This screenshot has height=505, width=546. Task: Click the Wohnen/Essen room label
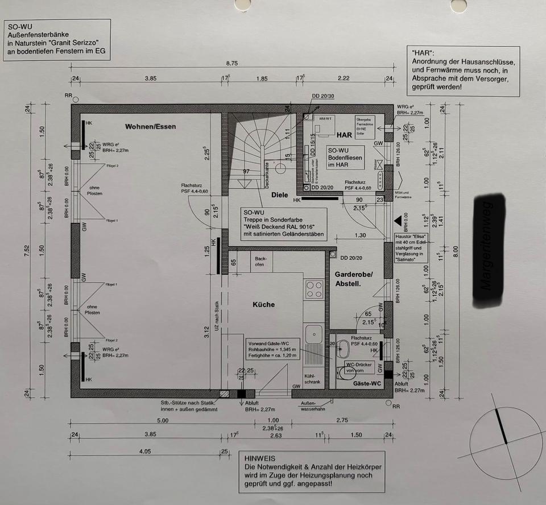pyautogui.click(x=151, y=126)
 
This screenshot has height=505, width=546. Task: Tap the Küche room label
pyautogui.click(x=263, y=305)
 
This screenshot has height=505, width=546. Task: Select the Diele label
pyautogui.click(x=279, y=194)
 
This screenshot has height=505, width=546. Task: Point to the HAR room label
pyautogui.click(x=345, y=135)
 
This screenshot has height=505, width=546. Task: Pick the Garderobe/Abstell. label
pyautogui.click(x=353, y=279)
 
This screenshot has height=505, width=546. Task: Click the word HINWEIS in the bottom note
pyautogui.click(x=260, y=458)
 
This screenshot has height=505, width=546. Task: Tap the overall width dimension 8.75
pyautogui.click(x=231, y=63)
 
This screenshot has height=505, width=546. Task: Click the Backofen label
pyautogui.click(x=260, y=260)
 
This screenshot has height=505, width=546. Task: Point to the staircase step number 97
pyautogui.click(x=247, y=171)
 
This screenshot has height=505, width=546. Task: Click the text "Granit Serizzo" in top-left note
pyautogui.click(x=68, y=43)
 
